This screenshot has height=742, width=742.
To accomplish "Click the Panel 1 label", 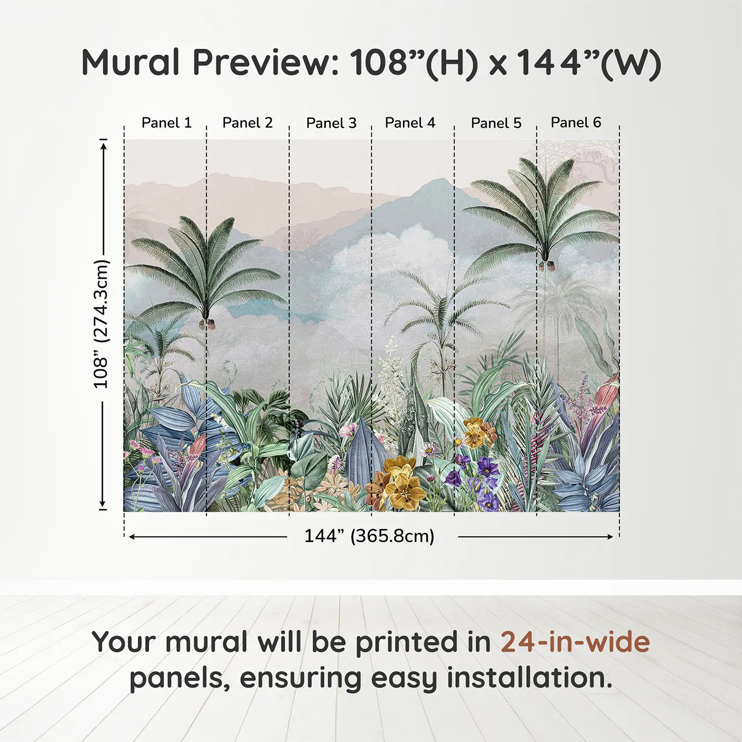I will point(166,123).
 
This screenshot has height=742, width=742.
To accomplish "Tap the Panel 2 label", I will point(248,123).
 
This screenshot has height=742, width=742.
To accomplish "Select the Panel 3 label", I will point(331,123).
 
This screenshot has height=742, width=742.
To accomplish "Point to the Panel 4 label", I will point(410,123).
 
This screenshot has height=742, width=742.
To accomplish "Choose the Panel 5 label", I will point(496,123).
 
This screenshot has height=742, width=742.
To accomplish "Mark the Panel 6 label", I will point(576,122).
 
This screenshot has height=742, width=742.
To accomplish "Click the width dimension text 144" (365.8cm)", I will point(369,536).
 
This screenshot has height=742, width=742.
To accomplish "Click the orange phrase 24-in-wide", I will point(575,642).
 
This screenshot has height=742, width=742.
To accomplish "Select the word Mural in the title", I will point(130,63).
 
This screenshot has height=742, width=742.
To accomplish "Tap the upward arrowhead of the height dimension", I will point(103,144).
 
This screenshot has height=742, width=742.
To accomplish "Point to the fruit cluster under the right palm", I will point(547,265).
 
